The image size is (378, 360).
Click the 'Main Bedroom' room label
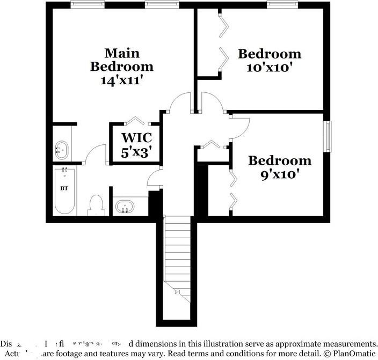pos(122,60)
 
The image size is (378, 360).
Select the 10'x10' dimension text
pos(270,68)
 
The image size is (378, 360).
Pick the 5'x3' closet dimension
pos(135,152)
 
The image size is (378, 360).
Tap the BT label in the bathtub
pos(64,188)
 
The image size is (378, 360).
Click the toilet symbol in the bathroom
pos(97,205)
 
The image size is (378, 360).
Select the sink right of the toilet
pos(127,207)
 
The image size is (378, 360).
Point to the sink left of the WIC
pos(62,150)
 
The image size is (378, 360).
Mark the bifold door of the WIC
pos(135,121)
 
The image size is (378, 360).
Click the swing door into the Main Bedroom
pos(178,104)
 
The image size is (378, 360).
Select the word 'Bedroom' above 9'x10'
pos(280,160)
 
